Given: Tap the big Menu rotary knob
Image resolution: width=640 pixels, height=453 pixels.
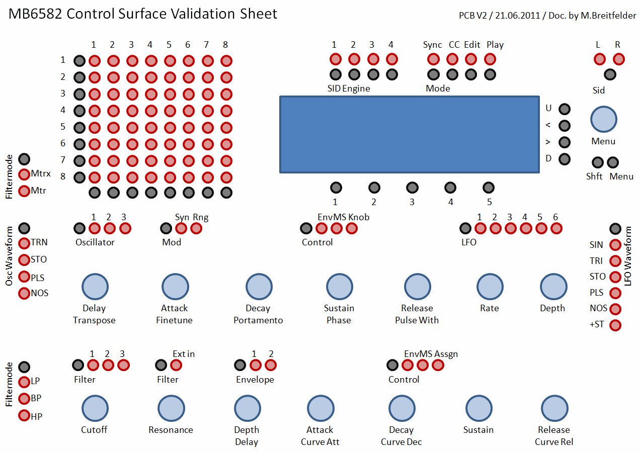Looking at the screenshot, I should pyautogui.click(x=603, y=119).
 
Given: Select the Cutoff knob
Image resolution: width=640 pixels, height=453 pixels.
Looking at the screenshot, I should pyautogui.click(x=95, y=408).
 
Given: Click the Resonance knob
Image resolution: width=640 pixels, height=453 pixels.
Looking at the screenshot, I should pyautogui.click(x=171, y=408).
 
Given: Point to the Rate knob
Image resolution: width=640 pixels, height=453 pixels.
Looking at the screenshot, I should pyautogui.click(x=490, y=287).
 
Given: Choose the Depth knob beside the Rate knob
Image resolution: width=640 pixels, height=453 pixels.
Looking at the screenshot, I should pyautogui.click(x=553, y=287).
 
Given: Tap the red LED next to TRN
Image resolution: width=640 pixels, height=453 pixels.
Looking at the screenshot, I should pyautogui.click(x=24, y=243).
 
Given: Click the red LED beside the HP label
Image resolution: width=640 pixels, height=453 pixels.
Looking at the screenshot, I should pyautogui.click(x=24, y=416).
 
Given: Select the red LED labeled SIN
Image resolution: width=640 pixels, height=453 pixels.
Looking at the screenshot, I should pyautogui.click(x=615, y=245).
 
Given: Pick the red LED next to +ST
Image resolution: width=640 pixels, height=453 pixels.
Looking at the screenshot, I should pyautogui.click(x=615, y=325).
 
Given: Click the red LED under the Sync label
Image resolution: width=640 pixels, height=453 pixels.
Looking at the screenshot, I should pyautogui.click(x=433, y=59).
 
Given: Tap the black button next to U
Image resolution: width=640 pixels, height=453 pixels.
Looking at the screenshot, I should pyautogui.click(x=565, y=109).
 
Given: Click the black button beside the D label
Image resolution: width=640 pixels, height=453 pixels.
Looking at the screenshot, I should pyautogui.click(x=565, y=159).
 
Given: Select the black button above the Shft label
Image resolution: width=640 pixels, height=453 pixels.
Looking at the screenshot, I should pyautogui.click(x=597, y=162).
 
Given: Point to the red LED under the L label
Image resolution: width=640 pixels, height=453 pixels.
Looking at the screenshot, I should pyautogui.click(x=600, y=59).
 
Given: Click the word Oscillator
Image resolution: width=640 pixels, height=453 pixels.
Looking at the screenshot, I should pyautogui.click(x=95, y=242).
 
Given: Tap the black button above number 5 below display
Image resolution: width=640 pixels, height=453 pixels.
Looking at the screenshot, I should pyautogui.click(x=489, y=188).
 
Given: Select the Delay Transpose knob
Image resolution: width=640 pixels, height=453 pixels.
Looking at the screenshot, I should pyautogui.click(x=95, y=287).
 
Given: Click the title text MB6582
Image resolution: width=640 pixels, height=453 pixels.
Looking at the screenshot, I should pyautogui.click(x=35, y=14).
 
